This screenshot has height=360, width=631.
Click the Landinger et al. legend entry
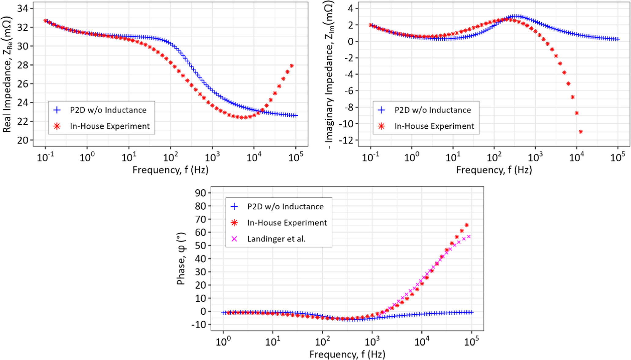(x=276, y=239)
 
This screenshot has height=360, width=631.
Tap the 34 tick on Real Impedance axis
(x=23, y=9)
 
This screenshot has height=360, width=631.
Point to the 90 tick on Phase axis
(x=201, y=193)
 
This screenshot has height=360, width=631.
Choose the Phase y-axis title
(x=181, y=259)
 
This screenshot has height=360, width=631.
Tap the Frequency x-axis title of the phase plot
(x=347, y=354)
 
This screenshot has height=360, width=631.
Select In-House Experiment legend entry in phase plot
(x=287, y=223)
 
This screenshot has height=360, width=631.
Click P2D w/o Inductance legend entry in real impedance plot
(x=108, y=110)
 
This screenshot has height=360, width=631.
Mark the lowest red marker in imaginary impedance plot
(x=581, y=132)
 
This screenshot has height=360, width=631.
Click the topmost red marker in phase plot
(x=467, y=225)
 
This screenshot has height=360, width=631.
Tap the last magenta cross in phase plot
(x=469, y=237)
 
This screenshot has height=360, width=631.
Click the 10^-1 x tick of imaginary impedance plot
(x=370, y=158)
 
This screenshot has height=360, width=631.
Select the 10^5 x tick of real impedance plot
(x=296, y=158)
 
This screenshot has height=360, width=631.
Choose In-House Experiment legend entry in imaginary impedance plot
(x=434, y=126)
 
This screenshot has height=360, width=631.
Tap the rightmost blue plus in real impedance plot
(x=296, y=116)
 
